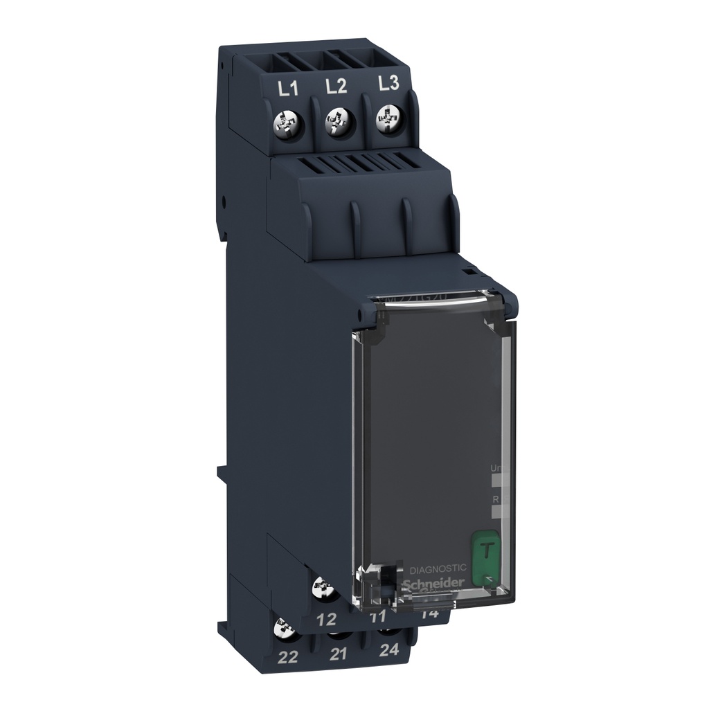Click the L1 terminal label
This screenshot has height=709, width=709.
coord(287,89)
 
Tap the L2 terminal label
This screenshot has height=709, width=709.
coord(336,87)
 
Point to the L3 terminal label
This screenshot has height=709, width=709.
coord(388,84)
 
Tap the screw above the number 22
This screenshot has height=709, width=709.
coord(283,629)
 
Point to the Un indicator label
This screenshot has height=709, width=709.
coord(494,468)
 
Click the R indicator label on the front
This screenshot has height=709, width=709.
coord(494,498)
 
